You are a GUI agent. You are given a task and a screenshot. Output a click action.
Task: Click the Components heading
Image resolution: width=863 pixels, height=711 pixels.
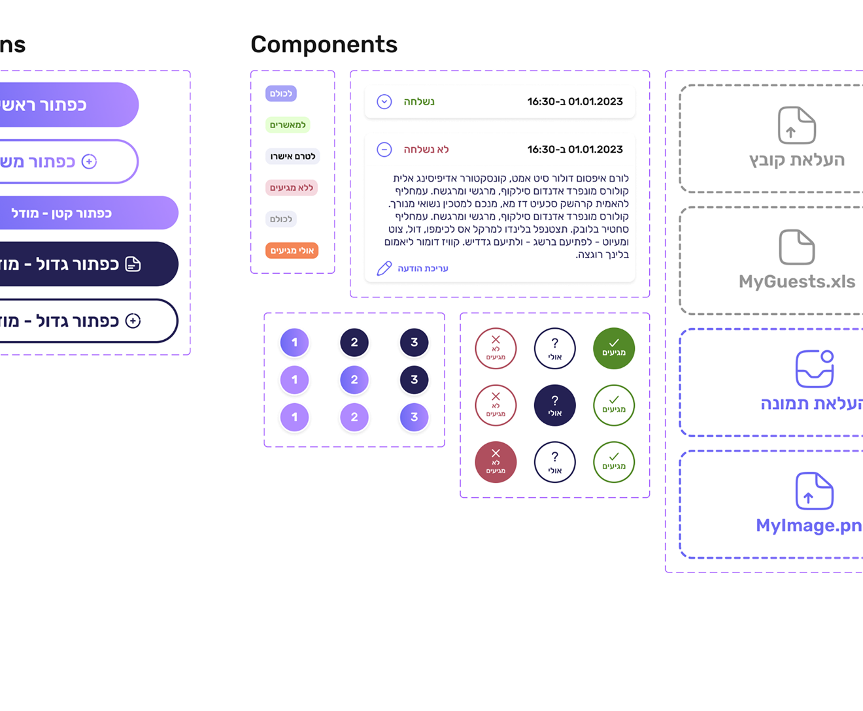pos(324,44)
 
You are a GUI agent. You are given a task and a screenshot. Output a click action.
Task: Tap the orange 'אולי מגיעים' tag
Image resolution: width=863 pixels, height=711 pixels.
pos(292,250)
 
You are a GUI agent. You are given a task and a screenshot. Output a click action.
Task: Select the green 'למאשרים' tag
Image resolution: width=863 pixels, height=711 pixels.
pos(288,125)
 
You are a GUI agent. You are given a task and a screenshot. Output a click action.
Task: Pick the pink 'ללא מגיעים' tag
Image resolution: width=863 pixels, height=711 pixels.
pos(292,188)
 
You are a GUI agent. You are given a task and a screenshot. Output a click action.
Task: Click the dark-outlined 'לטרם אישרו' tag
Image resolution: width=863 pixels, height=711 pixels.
pos(292,156)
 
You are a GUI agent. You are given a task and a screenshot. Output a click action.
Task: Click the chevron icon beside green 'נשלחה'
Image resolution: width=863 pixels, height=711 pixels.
pos(384,102)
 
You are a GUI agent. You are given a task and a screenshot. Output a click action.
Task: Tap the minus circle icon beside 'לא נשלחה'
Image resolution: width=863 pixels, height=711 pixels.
pos(384,150)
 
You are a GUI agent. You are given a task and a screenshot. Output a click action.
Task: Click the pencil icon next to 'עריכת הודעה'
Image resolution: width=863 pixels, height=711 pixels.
pos(384,269)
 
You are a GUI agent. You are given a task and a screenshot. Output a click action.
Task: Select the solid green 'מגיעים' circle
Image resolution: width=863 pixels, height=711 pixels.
pos(613,348)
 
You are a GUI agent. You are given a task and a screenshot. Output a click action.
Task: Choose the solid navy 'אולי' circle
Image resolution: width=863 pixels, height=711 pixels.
pos(554,405)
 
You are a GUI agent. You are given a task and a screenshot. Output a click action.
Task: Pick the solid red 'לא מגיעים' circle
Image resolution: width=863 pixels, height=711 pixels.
pos(496,462)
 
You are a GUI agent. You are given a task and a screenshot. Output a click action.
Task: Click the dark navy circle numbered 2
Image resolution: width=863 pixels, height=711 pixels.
pos(354,342)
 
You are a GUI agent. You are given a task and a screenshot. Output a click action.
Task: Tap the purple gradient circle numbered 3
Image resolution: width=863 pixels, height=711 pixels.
pos(414,417)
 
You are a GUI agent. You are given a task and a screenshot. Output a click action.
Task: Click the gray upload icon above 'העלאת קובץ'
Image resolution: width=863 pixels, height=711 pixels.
pos(796,125)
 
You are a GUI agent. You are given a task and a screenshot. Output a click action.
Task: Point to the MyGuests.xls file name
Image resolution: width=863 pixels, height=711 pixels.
pos(796,282)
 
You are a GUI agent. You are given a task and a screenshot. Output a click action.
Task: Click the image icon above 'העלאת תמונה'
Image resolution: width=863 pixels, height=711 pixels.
pos(814,369)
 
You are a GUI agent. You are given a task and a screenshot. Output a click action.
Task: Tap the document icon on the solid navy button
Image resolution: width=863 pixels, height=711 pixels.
pos(133,264)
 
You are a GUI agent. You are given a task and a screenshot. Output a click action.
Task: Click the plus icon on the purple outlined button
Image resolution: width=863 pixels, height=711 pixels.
pos(89,161)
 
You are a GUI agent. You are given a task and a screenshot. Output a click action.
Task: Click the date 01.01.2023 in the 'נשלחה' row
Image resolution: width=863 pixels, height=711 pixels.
pos(595,102)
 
